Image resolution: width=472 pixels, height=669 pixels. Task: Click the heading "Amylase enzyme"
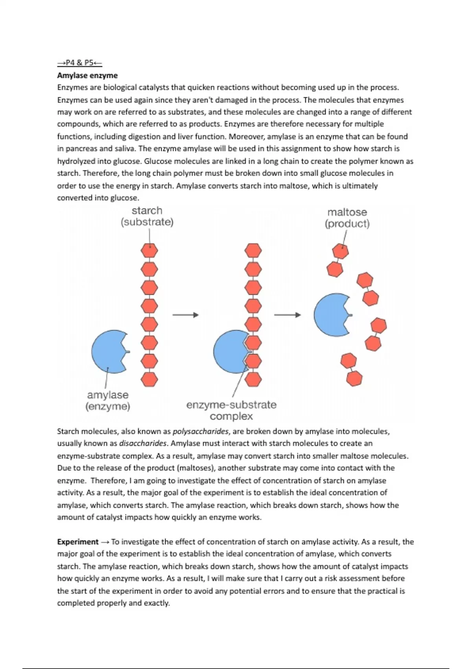pyautogui.click(x=87, y=75)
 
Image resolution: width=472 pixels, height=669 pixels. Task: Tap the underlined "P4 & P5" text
pyautogui.click(x=80, y=63)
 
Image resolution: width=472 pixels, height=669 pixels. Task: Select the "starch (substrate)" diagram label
pyautogui.click(x=147, y=216)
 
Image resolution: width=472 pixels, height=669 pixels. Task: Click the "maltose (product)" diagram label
pyautogui.click(x=347, y=218)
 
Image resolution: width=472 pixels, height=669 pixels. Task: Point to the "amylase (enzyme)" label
pyautogui.click(x=107, y=401)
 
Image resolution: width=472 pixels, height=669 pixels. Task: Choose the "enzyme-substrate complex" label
pyautogui.click(x=231, y=410)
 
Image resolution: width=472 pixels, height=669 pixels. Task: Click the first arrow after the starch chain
pyautogui.click(x=185, y=315)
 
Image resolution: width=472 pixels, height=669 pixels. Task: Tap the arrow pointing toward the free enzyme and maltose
pyautogui.click(x=287, y=315)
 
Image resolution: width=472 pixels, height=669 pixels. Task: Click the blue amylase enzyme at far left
pyautogui.click(x=108, y=351)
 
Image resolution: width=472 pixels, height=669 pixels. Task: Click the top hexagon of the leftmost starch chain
pyautogui.click(x=149, y=250)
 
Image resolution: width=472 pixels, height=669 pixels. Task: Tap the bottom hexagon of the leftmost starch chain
pyautogui.click(x=149, y=379)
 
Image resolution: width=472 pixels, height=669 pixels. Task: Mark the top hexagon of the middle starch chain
pyautogui.click(x=253, y=250)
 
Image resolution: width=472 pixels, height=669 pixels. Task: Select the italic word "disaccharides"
pyautogui.click(x=143, y=444)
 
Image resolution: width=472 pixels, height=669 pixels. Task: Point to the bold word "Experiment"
pyautogui.click(x=78, y=542)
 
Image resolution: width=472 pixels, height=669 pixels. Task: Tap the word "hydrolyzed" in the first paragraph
pyautogui.click(x=76, y=161)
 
